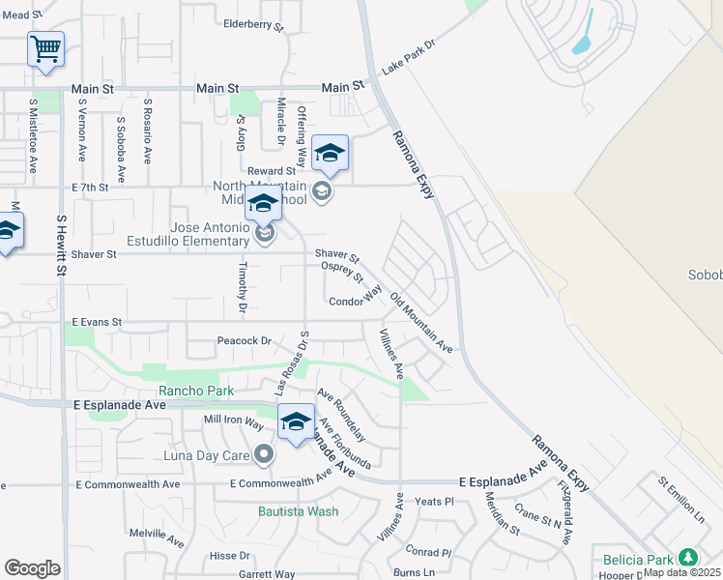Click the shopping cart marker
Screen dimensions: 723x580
pos(45,48)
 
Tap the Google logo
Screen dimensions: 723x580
pos(32,568)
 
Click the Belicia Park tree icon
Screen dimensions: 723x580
pos(687,558)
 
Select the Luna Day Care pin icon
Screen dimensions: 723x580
pos(264,454)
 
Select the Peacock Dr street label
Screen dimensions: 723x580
pos(244,341)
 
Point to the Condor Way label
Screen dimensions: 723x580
pos(357,301)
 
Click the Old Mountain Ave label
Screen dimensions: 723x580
pos(421,319)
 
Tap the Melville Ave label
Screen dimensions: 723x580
pos(157,533)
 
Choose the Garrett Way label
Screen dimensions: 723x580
pos(267,574)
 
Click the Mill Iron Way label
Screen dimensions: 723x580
pos(233,422)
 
